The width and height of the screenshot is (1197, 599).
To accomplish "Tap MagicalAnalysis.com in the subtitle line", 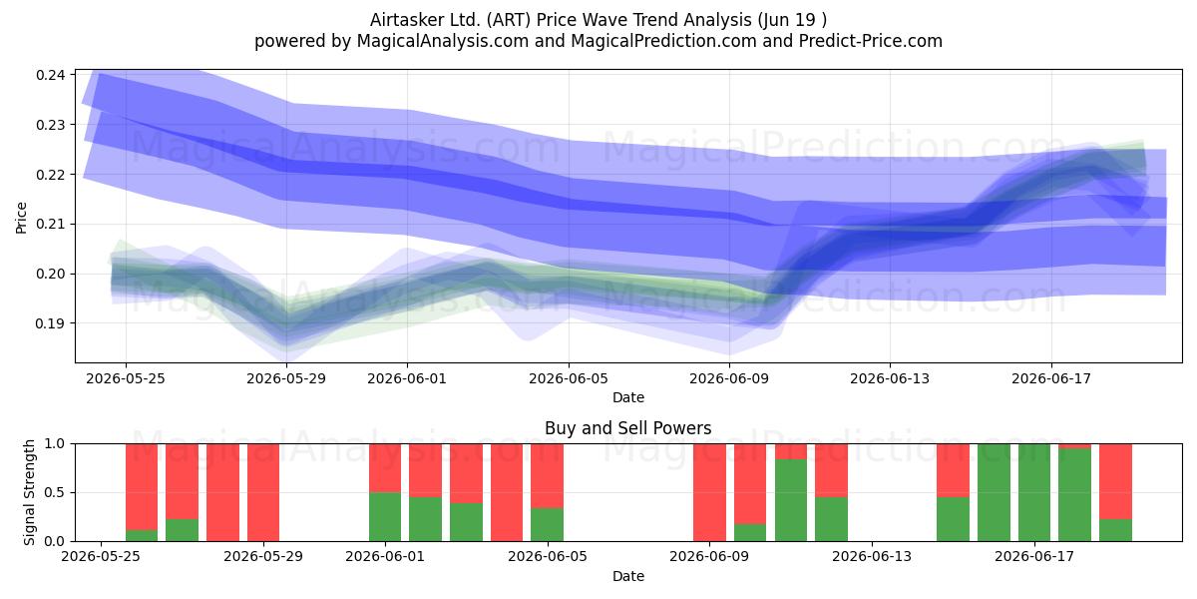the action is coord(443,41).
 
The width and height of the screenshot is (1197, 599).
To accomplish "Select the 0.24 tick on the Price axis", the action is coord(51,75).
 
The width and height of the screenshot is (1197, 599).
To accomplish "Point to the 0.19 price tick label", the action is coord(51,323).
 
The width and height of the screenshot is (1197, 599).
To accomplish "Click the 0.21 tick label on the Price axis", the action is coord(51,224).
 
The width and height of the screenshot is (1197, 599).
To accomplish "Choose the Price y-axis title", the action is coord(21,218).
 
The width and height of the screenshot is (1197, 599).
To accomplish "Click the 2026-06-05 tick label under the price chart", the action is coord(569,378).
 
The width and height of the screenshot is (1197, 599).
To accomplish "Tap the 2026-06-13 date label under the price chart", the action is coord(890,378).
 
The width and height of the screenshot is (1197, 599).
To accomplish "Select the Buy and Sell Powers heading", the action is coord(627,428).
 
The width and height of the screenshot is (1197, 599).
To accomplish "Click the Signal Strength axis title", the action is coord(29,492).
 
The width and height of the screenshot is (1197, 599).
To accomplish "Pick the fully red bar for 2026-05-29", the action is coord(263,492).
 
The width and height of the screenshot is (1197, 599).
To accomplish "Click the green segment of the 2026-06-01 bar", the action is coord(385,517).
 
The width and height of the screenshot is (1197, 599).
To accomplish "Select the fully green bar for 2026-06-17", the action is coord(1034,492).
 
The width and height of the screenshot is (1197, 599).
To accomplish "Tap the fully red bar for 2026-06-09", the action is coord(709,492).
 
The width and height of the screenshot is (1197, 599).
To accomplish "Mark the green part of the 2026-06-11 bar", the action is coord(791,500).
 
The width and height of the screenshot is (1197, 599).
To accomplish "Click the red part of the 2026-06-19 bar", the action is coord(1115,481).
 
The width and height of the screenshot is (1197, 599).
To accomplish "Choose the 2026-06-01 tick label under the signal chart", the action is coord(385,557).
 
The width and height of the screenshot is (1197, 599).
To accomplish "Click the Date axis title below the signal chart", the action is coord(627,577).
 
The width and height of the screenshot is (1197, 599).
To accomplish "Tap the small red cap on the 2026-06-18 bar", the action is coord(1074,446).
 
